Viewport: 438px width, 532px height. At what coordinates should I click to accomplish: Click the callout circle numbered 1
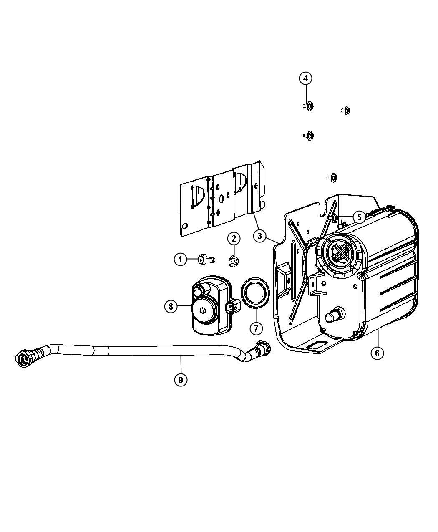click(180, 260)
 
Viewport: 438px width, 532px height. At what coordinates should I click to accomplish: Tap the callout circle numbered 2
click(234, 239)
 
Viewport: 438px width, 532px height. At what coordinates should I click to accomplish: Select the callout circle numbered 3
click(259, 236)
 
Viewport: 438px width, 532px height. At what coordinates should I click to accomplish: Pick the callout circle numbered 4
click(305, 78)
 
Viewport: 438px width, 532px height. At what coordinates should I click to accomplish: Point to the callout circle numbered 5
click(359, 217)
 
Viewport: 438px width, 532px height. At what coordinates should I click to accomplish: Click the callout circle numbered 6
click(378, 353)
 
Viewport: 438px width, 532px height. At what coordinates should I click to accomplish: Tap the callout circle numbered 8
click(171, 306)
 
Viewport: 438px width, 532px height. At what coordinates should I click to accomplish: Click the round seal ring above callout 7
click(255, 293)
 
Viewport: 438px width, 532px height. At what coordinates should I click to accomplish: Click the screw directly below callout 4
click(309, 106)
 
